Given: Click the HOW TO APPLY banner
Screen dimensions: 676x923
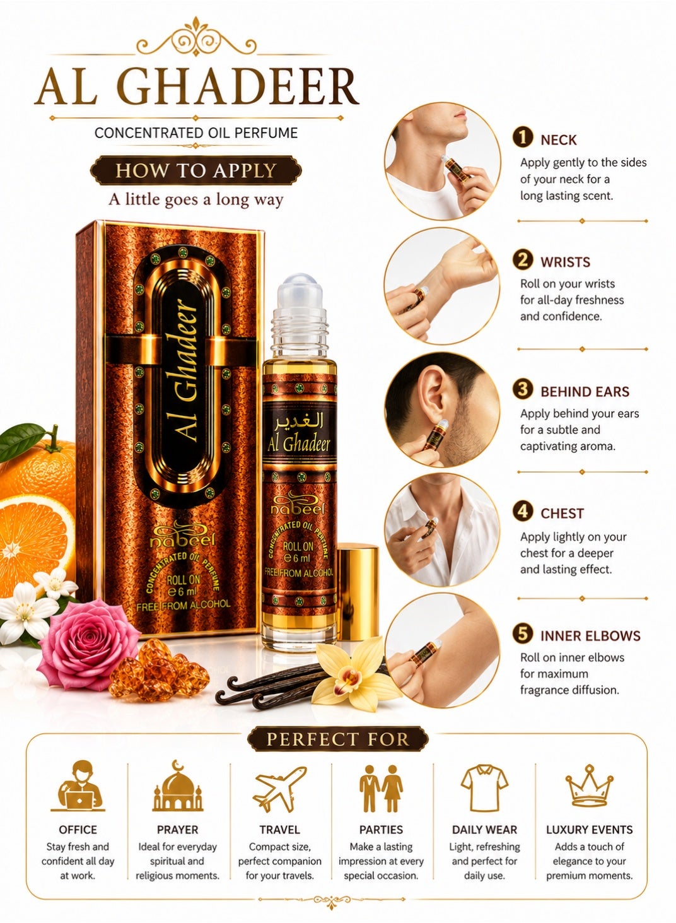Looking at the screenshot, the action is coord(195,170).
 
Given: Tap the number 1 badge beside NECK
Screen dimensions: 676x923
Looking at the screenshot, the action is coord(523,138).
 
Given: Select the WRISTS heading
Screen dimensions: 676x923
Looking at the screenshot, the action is coord(565,262).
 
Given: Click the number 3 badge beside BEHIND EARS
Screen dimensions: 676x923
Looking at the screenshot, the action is coord(523,389).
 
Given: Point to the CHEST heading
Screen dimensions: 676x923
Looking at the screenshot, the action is coord(562,514).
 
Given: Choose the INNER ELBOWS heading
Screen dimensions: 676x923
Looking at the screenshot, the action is coord(590,636).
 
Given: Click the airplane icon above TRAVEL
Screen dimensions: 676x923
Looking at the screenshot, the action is coord(280,789).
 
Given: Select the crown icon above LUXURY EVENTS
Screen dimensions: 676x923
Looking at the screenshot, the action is coord(589,786).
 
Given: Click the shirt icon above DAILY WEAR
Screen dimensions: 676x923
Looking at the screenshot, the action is coord(484,788).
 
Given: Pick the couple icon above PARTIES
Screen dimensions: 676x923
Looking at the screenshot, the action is coord(381,789).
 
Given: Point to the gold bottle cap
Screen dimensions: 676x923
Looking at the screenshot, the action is coord(358,592).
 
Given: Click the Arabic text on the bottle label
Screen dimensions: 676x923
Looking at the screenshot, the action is coord(300,421).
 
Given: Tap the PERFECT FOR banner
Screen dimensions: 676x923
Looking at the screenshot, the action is coord(338,739).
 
